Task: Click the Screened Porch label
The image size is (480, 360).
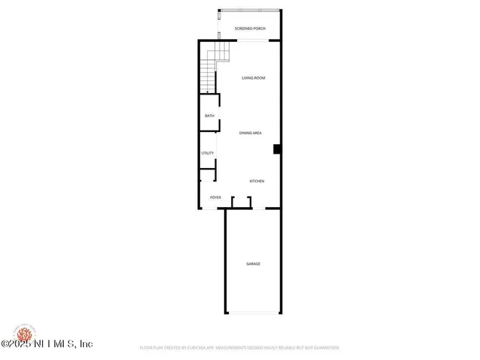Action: click(x=250, y=28)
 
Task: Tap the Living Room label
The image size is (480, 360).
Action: click(x=253, y=78)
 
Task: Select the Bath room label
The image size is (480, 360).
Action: click(x=209, y=115)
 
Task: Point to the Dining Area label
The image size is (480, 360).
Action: click(x=250, y=133)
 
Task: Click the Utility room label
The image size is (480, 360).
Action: click(x=208, y=153)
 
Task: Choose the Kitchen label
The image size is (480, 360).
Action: click(x=256, y=181)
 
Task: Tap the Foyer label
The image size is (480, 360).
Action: click(x=215, y=197)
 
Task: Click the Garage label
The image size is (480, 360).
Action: click(x=253, y=263)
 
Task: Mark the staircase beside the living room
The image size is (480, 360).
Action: click(x=209, y=72)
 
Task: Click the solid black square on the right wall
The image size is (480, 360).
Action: click(x=277, y=148)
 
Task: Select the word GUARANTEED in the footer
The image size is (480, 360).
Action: click(x=325, y=348)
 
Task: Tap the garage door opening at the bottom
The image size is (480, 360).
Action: click(x=253, y=313)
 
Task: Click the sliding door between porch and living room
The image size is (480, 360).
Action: click(x=250, y=41)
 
